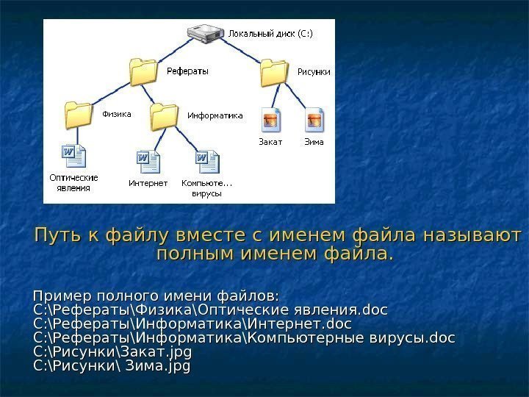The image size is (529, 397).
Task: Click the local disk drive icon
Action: tap(206, 33)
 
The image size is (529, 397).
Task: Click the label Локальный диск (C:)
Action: tap(270, 33)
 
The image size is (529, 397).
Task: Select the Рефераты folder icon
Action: tap(144, 73)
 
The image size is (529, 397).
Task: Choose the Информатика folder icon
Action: tap(164, 115)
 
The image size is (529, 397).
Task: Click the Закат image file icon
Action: tap(270, 117)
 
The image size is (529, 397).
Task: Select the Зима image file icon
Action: tap(314, 117)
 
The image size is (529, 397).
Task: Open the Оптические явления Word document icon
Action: tap(74, 156)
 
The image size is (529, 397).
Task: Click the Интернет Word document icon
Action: tap(148, 161)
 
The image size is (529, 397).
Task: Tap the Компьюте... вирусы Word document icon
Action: tap(206, 161)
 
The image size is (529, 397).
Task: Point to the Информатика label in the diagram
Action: tap(215, 115)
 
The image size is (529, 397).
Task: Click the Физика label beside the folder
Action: tap(116, 114)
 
